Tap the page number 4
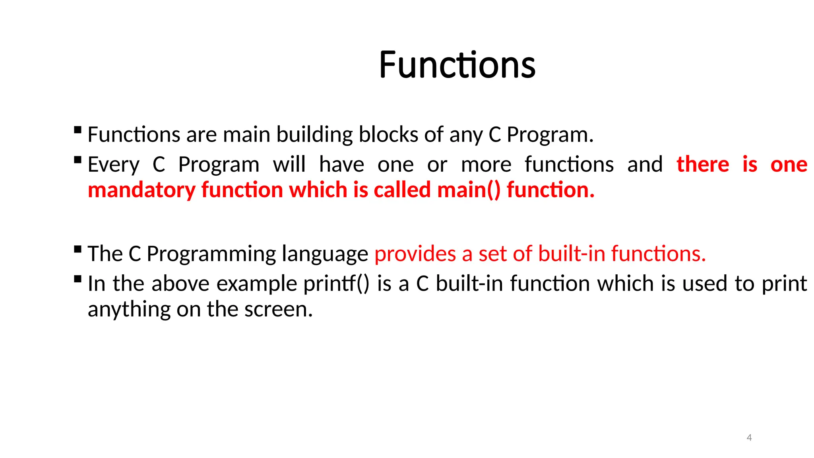(749, 438)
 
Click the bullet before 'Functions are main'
(78, 130)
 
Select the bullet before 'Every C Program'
(78, 160)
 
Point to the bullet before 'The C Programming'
(78, 250)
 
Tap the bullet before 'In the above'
(78, 279)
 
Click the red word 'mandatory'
(141, 190)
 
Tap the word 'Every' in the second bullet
(113, 165)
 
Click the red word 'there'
(703, 165)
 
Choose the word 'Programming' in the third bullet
(211, 254)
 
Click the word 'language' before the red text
(325, 254)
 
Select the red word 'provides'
(415, 254)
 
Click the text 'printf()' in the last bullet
(336, 284)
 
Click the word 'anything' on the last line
(129, 309)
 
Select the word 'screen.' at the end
(278, 309)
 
